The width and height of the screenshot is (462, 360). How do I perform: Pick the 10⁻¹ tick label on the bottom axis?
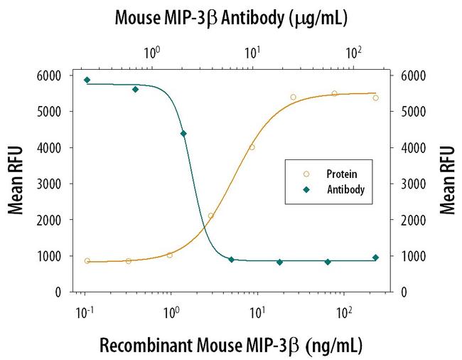coord(84,312)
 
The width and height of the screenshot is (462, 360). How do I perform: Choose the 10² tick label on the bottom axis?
coord(344,312)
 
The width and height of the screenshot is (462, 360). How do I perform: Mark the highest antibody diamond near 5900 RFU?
coord(87,80)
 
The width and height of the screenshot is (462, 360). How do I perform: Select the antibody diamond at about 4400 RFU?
coord(183,134)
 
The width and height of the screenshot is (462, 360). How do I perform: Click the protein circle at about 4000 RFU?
coord(252,147)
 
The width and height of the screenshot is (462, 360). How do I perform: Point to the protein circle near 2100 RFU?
coord(211,216)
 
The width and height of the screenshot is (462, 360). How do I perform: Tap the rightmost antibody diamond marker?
coord(375,258)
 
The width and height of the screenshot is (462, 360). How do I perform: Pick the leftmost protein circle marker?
coord(87,261)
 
